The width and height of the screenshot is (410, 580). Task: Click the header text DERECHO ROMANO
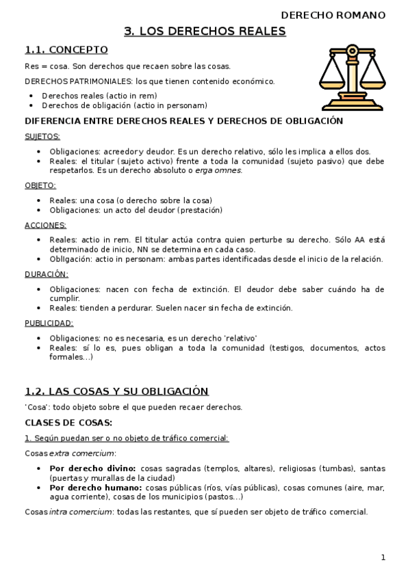(333, 15)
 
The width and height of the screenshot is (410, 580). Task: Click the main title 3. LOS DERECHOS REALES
(205, 31)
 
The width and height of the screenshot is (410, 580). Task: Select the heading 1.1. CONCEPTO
(66, 49)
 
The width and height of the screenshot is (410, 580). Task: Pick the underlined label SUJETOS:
(42, 136)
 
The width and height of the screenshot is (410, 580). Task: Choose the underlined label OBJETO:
(40, 185)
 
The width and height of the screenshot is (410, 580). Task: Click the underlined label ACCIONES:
(45, 225)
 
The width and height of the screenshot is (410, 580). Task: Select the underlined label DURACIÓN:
(46, 274)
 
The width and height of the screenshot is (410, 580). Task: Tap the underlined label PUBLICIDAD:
(49, 323)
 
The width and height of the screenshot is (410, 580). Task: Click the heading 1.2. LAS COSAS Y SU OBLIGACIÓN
(116, 391)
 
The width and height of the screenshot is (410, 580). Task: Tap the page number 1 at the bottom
(383, 557)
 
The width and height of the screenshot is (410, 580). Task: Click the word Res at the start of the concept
(31, 66)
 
